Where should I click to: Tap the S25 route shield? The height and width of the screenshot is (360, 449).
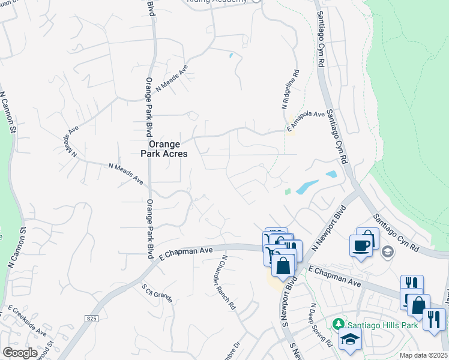91,319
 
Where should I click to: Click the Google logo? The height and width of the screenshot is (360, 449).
20,353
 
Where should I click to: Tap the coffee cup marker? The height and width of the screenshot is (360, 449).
360,245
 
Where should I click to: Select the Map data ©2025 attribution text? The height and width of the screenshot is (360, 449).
423,355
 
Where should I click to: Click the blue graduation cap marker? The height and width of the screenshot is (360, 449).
350,341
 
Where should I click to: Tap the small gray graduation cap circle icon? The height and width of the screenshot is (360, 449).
387,251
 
